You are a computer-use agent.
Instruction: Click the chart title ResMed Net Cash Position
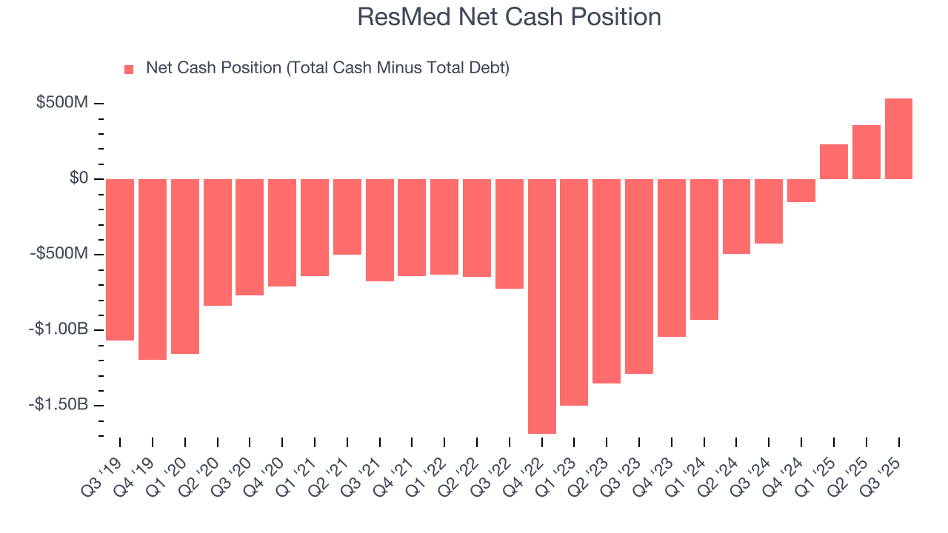(x=509, y=17)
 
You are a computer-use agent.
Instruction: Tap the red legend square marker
(x=129, y=70)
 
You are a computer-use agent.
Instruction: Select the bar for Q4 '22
(x=542, y=306)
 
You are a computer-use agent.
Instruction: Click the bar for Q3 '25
(x=898, y=139)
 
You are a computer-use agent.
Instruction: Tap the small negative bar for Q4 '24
(x=801, y=190)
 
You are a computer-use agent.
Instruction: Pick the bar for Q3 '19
(x=120, y=259)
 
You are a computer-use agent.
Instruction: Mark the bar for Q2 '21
(x=347, y=216)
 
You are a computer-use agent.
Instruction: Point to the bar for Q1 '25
(x=834, y=161)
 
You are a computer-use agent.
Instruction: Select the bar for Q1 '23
(x=574, y=292)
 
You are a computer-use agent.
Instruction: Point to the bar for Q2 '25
(x=867, y=152)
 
